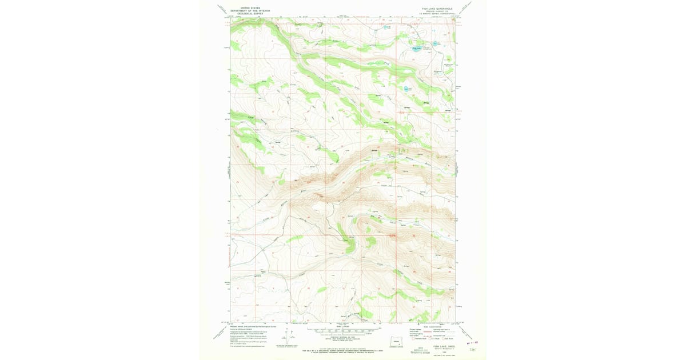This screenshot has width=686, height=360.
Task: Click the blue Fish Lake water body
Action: (416, 49)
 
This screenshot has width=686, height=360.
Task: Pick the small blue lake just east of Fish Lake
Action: (436, 43)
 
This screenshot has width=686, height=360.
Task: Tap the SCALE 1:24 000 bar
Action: (342, 330)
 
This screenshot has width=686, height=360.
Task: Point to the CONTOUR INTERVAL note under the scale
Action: (342, 337)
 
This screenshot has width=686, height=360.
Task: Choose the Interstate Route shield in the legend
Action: (413, 339)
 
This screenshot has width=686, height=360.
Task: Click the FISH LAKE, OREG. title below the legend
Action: (444, 346)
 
